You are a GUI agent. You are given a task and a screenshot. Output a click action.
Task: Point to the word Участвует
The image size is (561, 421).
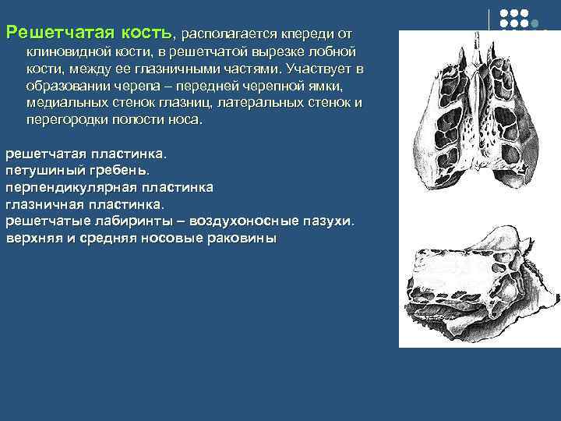307,69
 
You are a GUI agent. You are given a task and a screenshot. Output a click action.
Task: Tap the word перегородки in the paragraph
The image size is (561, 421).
63,121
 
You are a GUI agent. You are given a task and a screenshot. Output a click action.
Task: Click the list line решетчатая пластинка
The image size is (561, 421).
86,154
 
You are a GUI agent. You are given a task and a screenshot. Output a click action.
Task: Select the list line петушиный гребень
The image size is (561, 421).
76,170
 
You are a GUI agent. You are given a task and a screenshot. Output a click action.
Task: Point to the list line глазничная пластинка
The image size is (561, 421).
85,204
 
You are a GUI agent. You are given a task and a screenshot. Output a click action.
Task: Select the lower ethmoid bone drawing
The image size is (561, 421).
479,281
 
